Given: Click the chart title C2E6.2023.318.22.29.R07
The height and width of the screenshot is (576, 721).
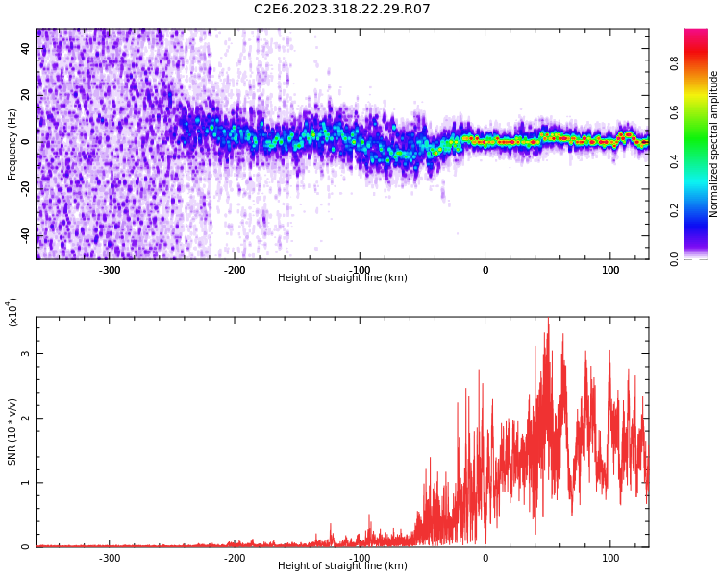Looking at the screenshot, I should (342, 10).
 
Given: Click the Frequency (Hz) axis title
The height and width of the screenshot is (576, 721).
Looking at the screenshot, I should (12, 144).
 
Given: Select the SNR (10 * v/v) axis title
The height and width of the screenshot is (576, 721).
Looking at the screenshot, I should (12, 432).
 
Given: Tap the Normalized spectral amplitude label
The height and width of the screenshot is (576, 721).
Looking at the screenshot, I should (714, 144).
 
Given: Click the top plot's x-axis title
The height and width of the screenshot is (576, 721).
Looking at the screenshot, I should (342, 278).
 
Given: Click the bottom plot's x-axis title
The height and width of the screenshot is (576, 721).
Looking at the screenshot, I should (342, 566).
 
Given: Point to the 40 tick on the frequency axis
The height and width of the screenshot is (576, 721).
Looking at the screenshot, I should (26, 49).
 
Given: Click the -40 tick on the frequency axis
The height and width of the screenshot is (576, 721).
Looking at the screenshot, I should (23, 235).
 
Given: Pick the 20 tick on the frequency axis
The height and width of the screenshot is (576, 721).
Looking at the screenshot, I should (26, 96).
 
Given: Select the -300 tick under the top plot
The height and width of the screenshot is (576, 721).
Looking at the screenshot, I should (110, 270).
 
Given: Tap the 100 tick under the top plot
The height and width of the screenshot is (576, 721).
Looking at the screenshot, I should (610, 270).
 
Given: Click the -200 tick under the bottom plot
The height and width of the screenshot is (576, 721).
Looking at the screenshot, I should (235, 558).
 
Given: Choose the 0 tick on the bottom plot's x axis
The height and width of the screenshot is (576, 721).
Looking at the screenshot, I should (485, 558).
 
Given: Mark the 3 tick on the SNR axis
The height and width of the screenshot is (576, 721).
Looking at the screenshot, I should (26, 354).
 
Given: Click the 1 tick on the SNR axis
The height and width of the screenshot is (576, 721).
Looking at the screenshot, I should (26, 483).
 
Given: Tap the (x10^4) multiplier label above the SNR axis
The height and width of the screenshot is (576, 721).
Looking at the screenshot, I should (13, 313).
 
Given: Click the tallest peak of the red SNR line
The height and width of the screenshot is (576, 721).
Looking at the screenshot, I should (548, 319).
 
